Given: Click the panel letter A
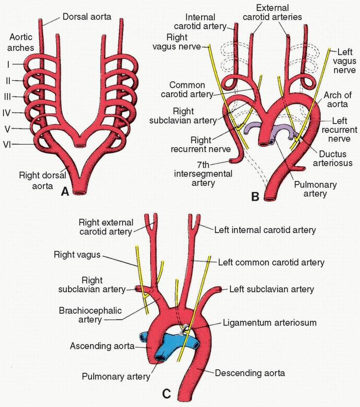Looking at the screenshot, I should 63,193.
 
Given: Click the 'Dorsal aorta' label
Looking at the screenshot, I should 87,17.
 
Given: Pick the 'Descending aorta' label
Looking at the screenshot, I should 250,373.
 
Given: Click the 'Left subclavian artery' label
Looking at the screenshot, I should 272,289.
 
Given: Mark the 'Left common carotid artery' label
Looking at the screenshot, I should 271,262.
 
